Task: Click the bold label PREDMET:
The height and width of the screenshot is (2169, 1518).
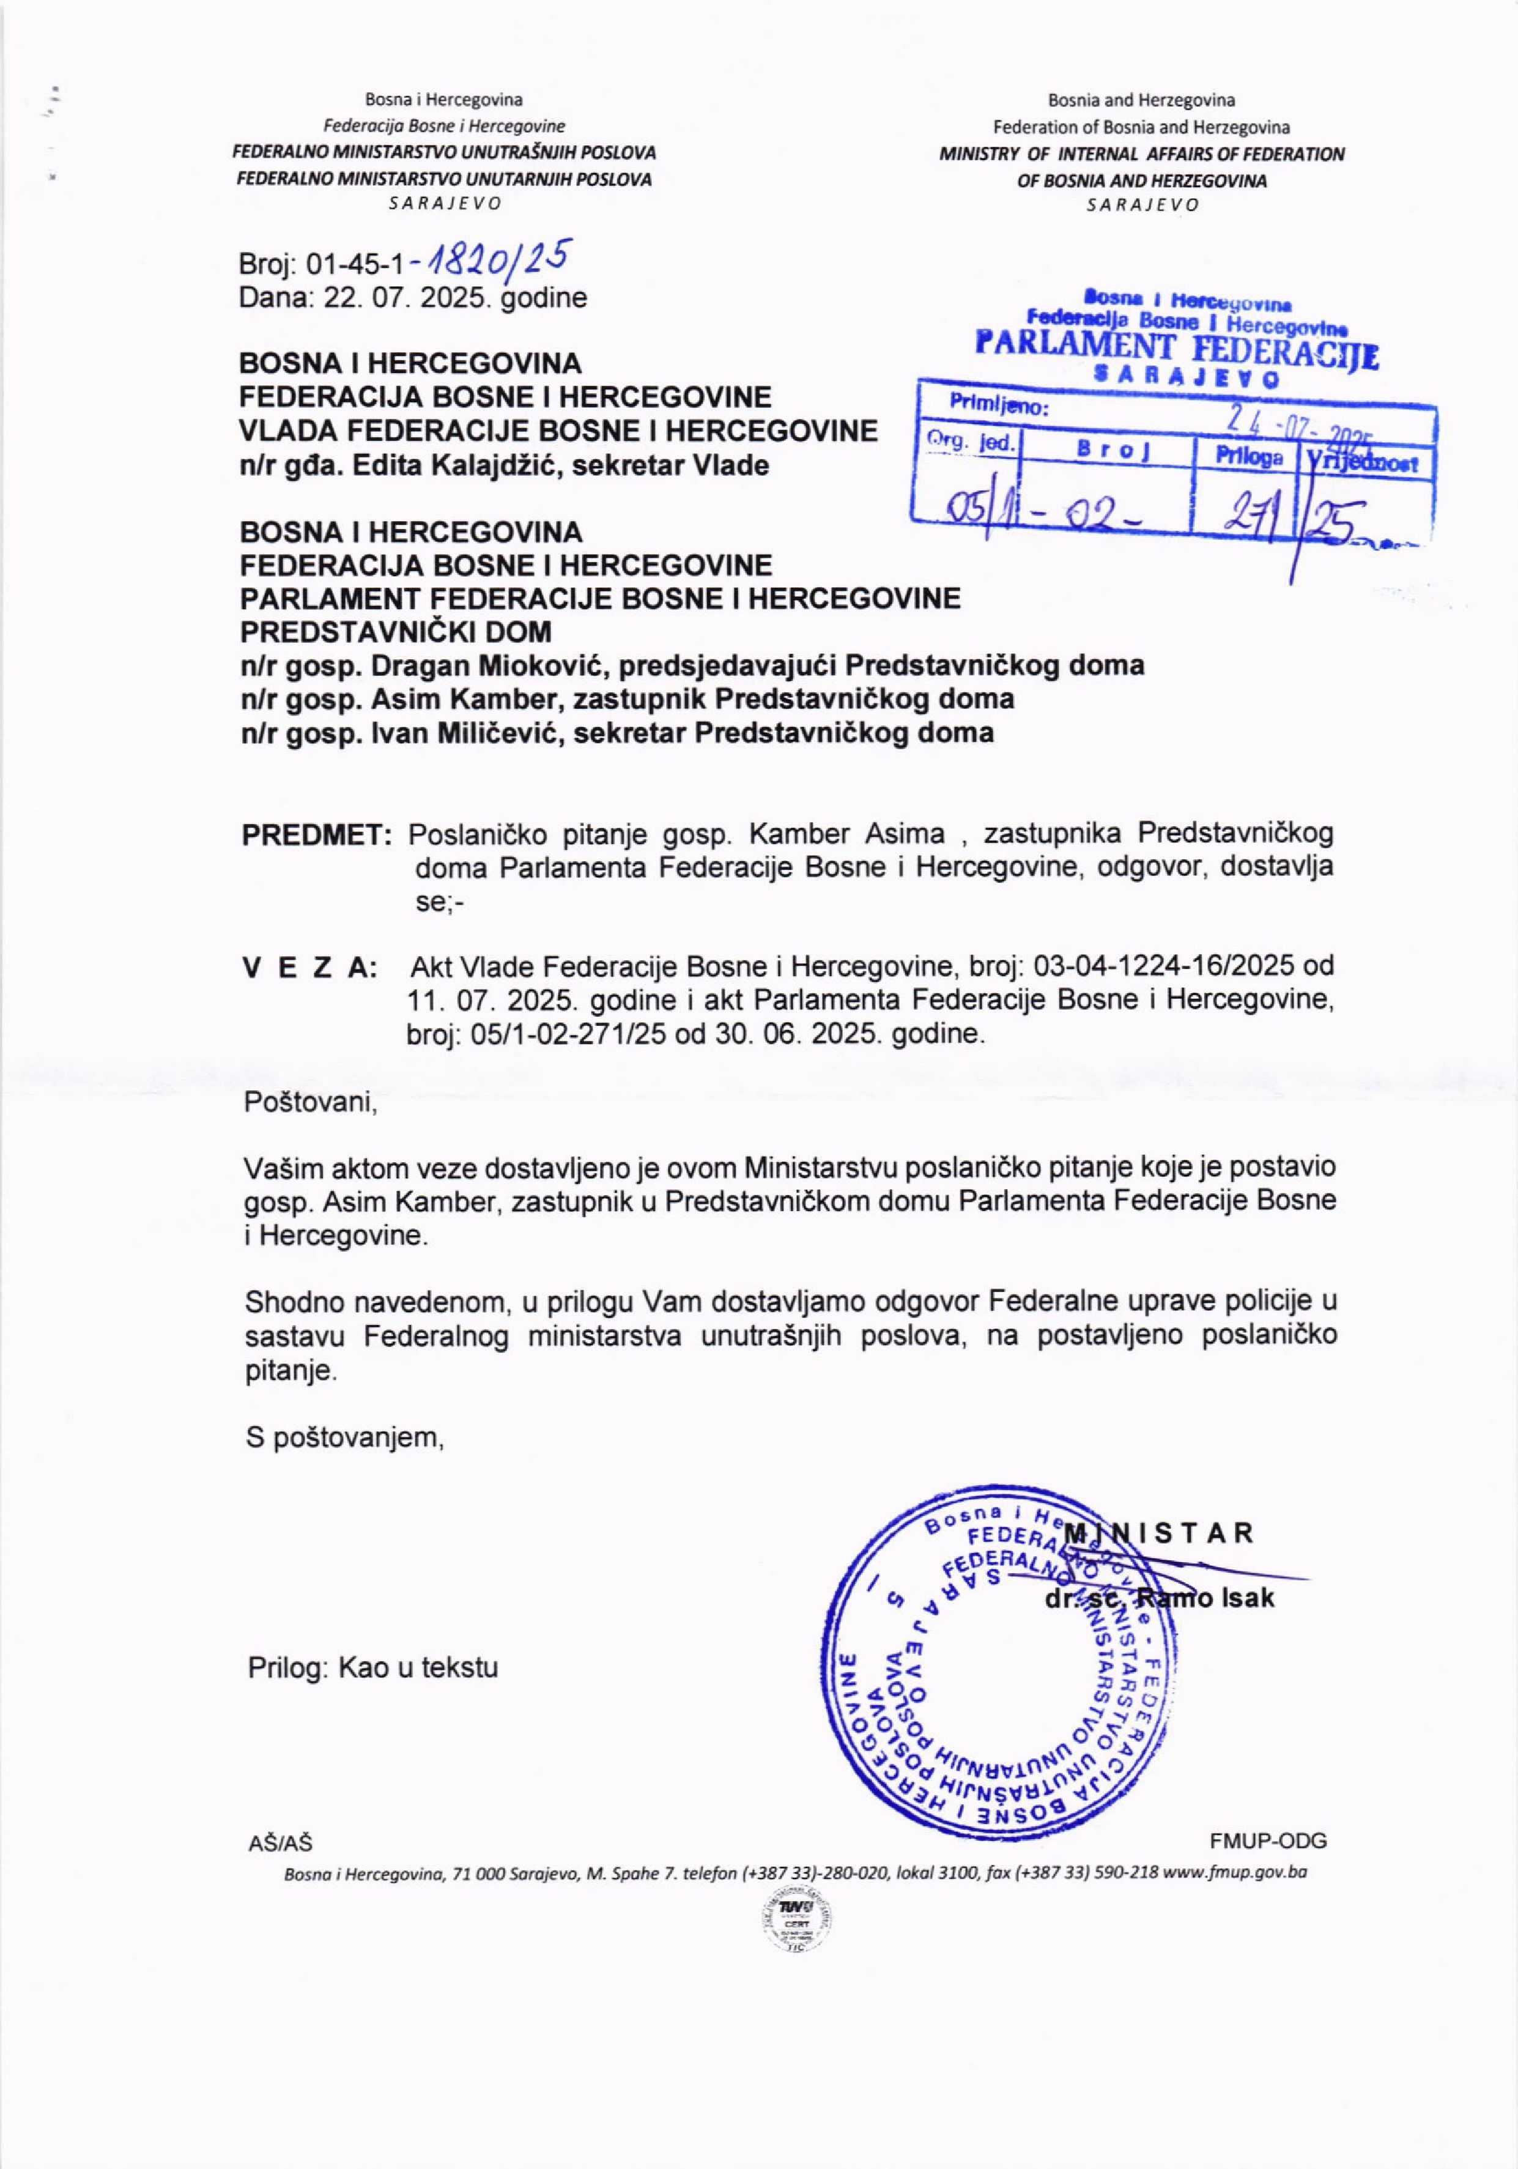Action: pos(316,835)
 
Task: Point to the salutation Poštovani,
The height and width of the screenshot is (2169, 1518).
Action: pos(311,1102)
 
